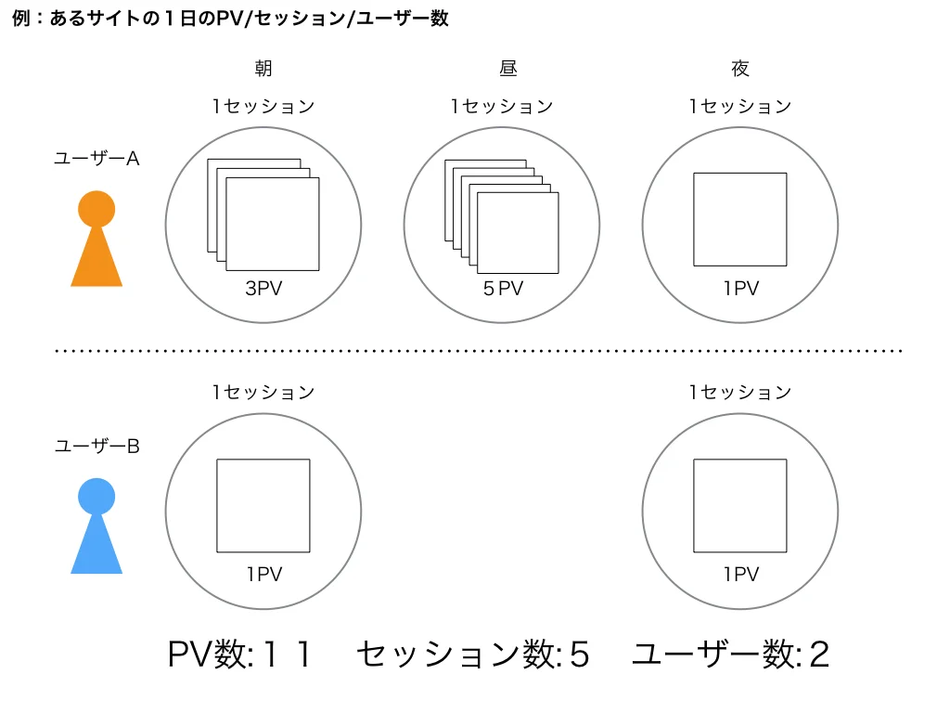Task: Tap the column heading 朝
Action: (263, 68)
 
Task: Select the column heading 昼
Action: (502, 68)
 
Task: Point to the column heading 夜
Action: (740, 68)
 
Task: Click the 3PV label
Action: (263, 289)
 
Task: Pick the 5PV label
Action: (503, 289)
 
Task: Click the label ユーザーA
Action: (96, 159)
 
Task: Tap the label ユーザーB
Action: (96, 447)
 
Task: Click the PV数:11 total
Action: (239, 655)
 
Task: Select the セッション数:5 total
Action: (472, 655)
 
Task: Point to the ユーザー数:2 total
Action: (730, 655)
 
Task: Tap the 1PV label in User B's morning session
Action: (263, 575)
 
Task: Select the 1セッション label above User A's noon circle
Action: (502, 107)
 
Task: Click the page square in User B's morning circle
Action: (263, 506)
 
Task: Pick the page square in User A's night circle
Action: (740, 219)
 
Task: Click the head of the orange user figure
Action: (96, 209)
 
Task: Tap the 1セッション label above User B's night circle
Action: (740, 393)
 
